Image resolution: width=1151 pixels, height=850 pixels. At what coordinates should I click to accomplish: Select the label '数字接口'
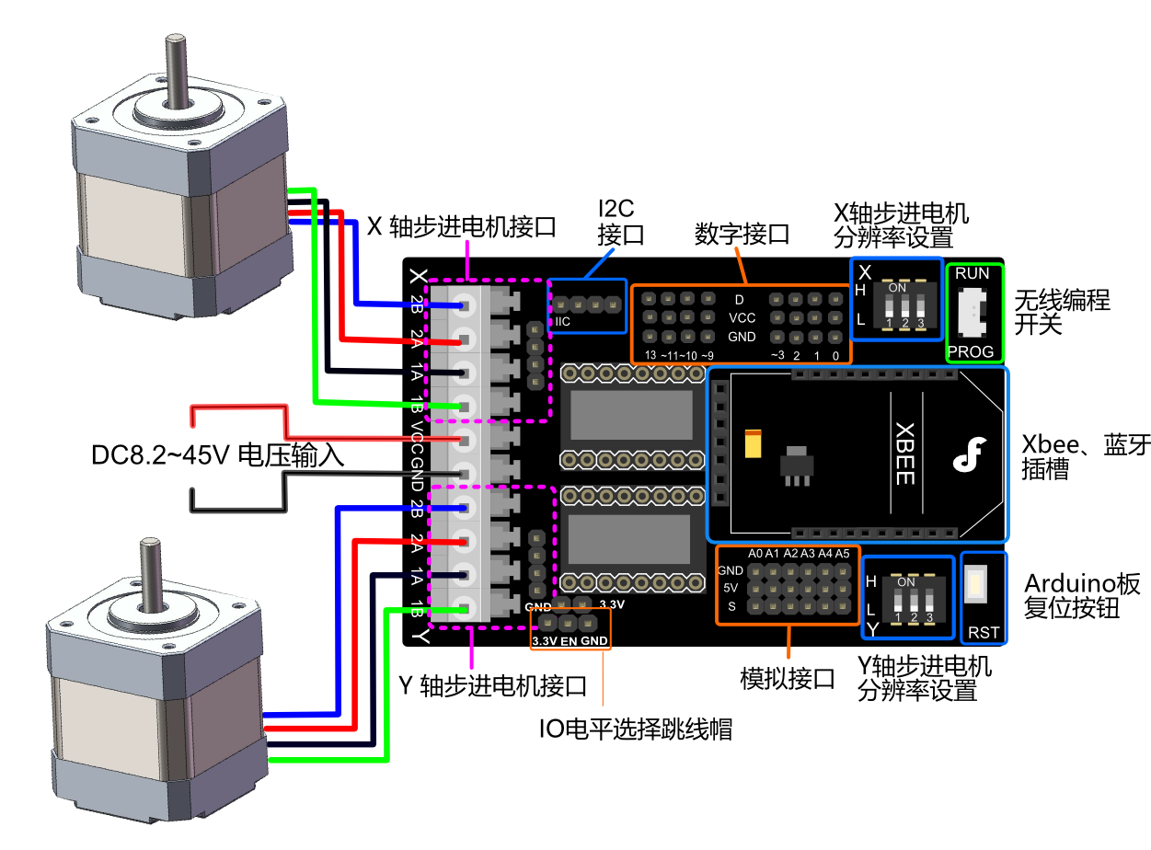(742, 234)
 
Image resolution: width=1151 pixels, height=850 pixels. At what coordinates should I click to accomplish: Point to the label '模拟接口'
(787, 679)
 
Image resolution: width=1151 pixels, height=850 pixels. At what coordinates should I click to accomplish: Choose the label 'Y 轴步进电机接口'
(492, 685)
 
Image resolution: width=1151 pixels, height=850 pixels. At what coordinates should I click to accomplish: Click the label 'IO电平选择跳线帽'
(635, 729)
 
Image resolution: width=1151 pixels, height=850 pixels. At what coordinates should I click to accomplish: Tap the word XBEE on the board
(904, 454)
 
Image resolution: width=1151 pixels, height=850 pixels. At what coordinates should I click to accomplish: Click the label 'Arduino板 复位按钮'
(1082, 595)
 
